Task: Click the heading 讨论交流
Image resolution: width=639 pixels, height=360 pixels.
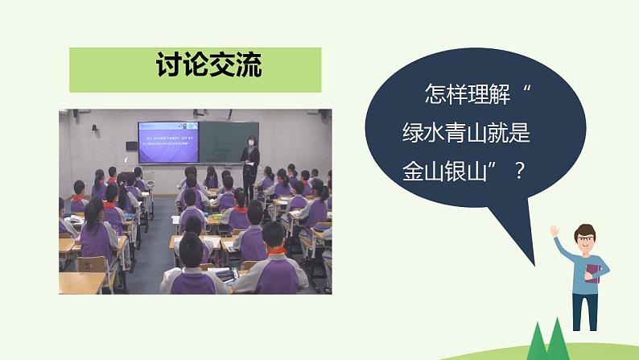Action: pyautogui.click(x=196, y=68)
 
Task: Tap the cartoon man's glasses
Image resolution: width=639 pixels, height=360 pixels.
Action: pyautogui.click(x=587, y=238)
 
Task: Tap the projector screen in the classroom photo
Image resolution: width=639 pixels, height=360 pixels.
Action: pyautogui.click(x=167, y=141)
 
